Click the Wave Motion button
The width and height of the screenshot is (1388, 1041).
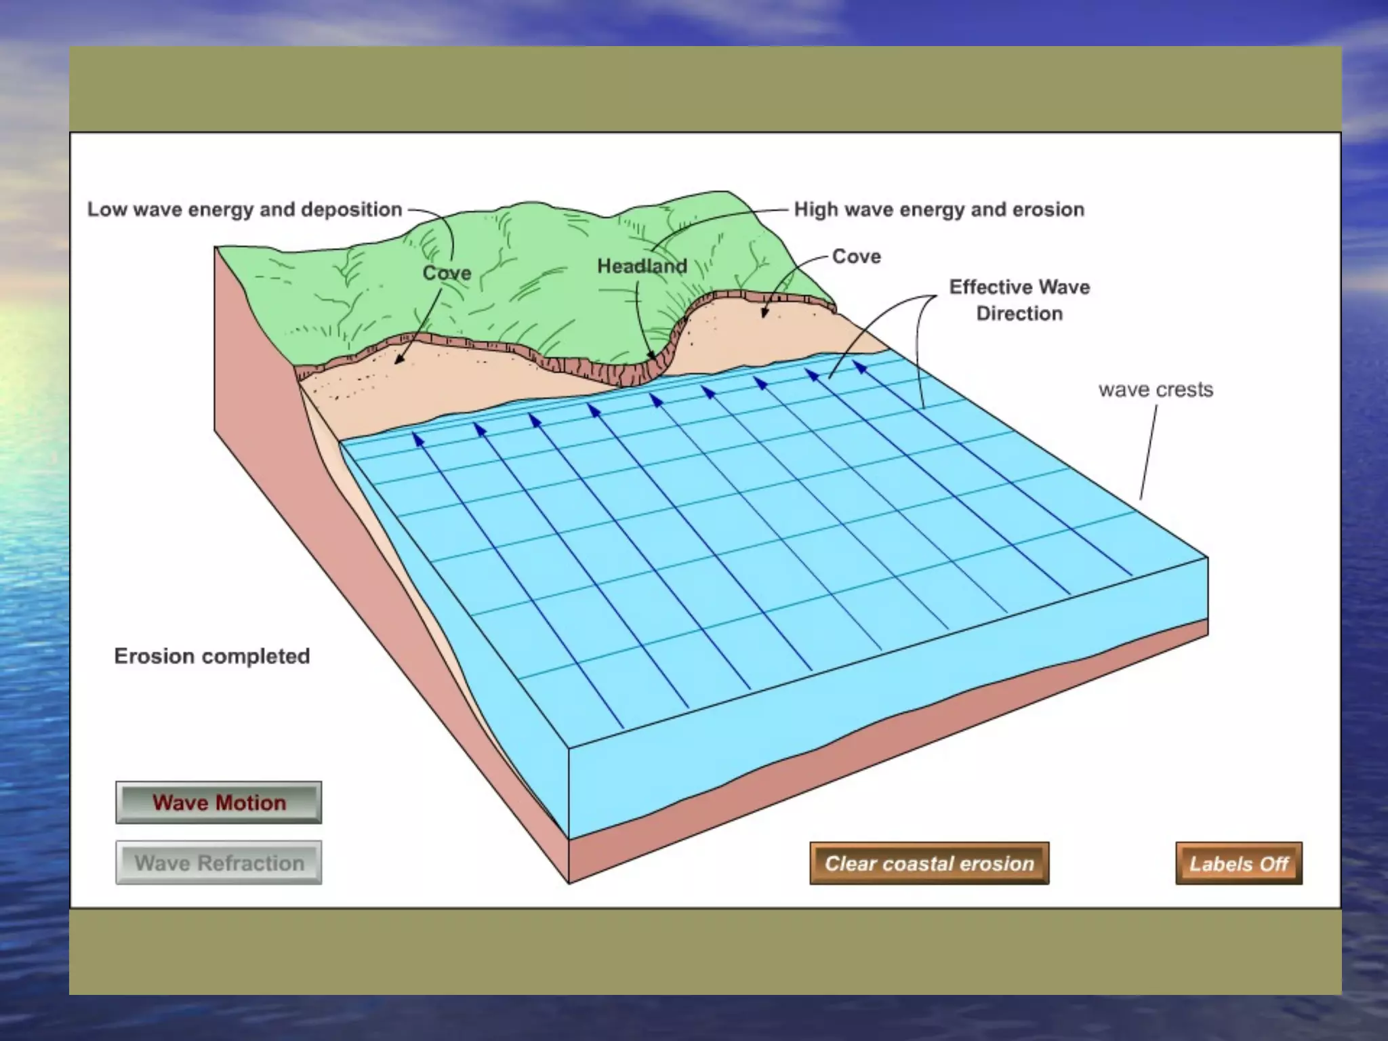tap(218, 802)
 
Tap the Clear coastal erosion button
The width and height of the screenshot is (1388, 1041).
tap(929, 863)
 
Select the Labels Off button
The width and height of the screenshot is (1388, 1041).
tap(1238, 864)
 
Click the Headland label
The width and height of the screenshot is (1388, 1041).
tap(642, 266)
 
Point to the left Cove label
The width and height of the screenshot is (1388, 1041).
tap(447, 272)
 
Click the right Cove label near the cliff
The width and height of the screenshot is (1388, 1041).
tap(856, 256)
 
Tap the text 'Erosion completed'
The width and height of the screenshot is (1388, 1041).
tap(212, 656)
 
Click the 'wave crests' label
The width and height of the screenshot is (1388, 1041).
tap(1156, 390)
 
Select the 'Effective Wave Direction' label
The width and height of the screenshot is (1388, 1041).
tap(1019, 300)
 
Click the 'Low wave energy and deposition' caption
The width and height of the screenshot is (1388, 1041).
tap(245, 209)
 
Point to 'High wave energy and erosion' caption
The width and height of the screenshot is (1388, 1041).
tap(939, 209)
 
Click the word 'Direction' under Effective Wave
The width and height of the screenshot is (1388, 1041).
tap(1019, 313)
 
